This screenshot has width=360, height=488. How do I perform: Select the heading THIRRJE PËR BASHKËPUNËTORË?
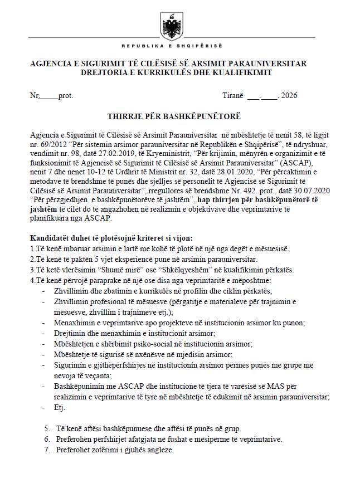pyautogui.click(x=174, y=116)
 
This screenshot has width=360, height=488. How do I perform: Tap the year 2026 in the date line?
pyautogui.click(x=289, y=95)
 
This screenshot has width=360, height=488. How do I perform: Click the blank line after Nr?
pyautogui.click(x=48, y=96)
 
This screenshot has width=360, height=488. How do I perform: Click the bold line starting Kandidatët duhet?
pyautogui.click(x=111, y=237)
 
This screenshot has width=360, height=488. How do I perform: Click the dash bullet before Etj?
pyautogui.click(x=45, y=408)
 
